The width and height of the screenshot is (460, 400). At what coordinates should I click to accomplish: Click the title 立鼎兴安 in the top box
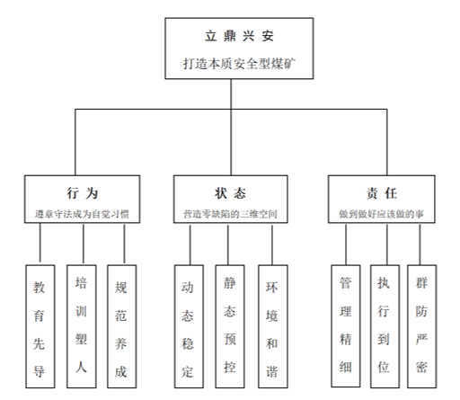(239, 36)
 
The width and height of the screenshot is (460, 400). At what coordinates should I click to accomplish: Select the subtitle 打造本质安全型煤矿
(239, 64)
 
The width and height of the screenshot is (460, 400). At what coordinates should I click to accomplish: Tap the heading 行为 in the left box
(83, 193)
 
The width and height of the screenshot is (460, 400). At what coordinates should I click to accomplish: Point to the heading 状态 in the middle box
(230, 193)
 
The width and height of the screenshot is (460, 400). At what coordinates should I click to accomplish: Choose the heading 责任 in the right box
(382, 193)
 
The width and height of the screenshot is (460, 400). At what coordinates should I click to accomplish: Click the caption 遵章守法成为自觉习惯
(82, 214)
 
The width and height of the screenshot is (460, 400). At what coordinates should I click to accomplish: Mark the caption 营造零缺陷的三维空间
(230, 214)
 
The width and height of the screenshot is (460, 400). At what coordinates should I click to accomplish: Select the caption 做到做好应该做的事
(382, 214)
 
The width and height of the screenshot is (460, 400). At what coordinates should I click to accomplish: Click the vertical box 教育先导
(40, 326)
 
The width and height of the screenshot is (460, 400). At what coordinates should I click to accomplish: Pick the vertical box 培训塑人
(82, 326)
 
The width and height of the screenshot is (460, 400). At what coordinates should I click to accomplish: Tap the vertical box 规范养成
(122, 326)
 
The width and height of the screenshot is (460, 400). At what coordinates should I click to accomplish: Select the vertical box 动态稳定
(189, 326)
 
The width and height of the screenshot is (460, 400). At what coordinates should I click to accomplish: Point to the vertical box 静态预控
(230, 326)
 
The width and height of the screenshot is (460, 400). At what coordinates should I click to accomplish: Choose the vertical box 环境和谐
(273, 326)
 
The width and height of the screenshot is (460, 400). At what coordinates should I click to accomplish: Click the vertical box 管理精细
(346, 326)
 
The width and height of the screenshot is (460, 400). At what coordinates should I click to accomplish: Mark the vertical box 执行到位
(385, 326)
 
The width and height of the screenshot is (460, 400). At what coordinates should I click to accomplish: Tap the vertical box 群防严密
(422, 326)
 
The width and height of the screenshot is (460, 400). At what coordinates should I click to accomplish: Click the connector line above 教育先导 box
(40, 244)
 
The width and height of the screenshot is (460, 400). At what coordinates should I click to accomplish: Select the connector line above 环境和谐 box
(272, 244)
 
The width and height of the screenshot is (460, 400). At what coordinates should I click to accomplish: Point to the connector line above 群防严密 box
(420, 244)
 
